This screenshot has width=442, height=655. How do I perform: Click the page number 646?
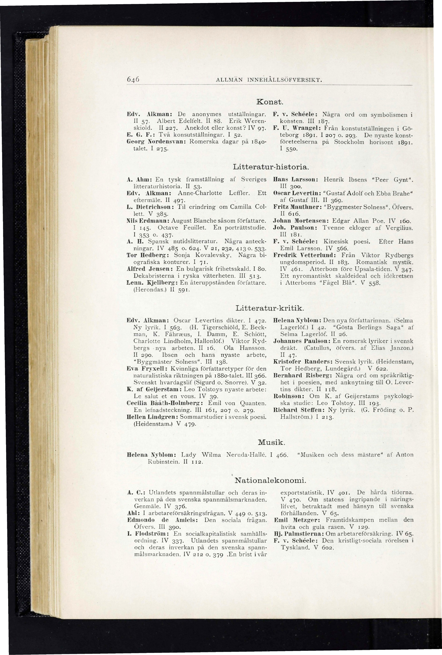click(132, 80)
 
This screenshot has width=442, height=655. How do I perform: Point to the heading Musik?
click(271, 442)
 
